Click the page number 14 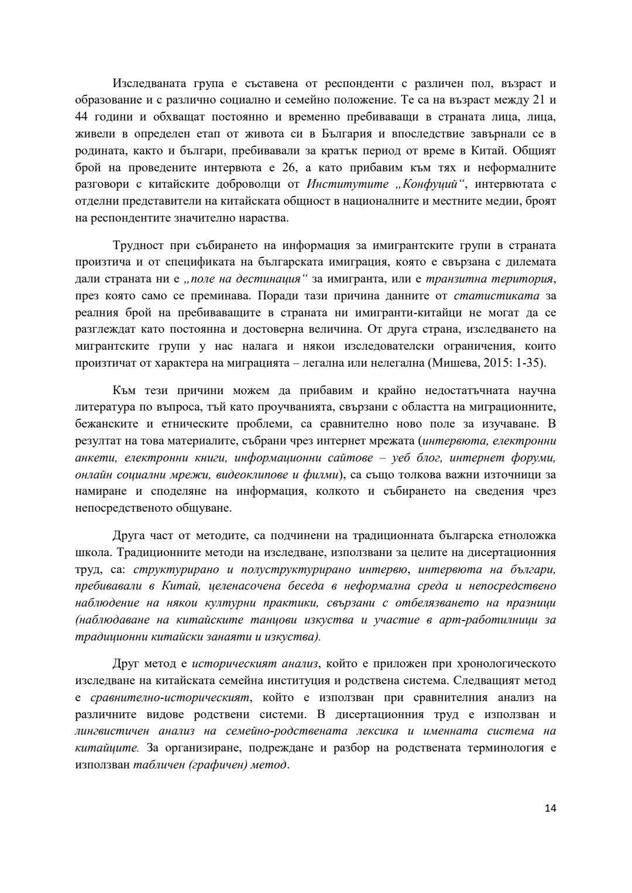pyautogui.click(x=550, y=808)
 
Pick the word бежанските pyautogui.click(x=106, y=423)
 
